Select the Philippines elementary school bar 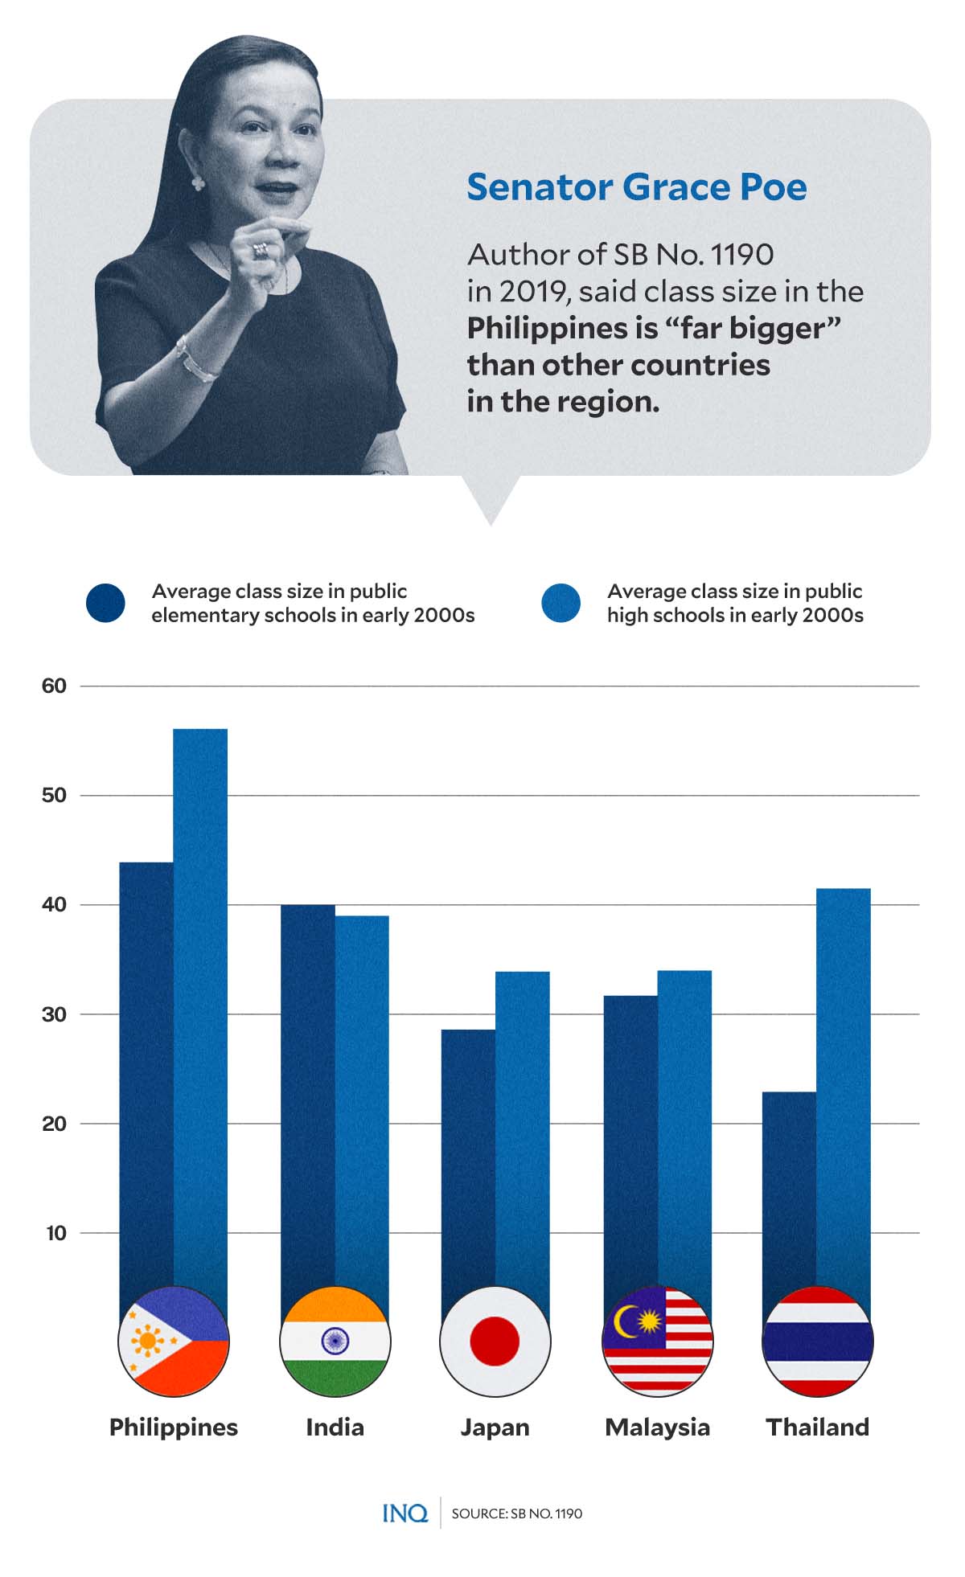(x=146, y=1069)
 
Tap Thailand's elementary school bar (x=789, y=1190)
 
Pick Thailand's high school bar (x=843, y=1085)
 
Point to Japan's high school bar (x=522, y=1125)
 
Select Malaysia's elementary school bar (x=630, y=1141)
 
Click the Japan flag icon (x=495, y=1341)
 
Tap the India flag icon (x=335, y=1341)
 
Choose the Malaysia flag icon (x=657, y=1341)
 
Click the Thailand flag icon (x=817, y=1341)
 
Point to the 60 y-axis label (x=54, y=686)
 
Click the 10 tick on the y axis (x=56, y=1233)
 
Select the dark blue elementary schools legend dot (x=105, y=603)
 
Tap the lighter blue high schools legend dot (x=561, y=603)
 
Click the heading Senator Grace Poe (x=636, y=187)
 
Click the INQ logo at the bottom (x=404, y=1514)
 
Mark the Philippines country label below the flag (x=174, y=1427)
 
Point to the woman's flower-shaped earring (x=198, y=183)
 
